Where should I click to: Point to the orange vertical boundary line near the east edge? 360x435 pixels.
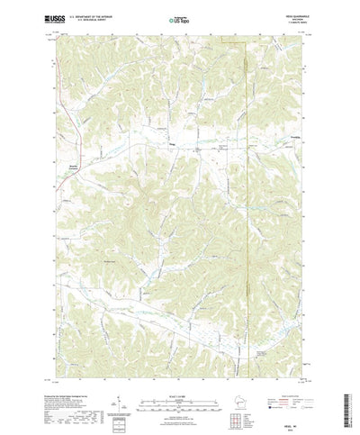[x=245, y=180]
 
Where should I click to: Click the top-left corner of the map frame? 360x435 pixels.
[x=55, y=35]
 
